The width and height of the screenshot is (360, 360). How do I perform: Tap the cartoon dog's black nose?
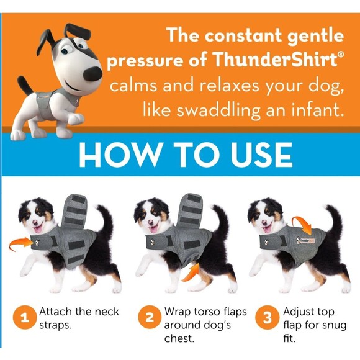click(x=92, y=74)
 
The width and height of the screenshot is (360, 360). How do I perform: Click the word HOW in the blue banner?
click(x=120, y=155)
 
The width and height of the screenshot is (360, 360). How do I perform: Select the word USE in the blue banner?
click(x=261, y=155)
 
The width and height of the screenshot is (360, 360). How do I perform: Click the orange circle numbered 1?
click(x=25, y=318)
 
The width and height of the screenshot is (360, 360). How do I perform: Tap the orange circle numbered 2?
click(x=150, y=317)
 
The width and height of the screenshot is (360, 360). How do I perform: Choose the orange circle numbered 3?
click(x=267, y=318)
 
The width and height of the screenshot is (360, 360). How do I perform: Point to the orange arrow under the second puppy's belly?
click(x=191, y=272)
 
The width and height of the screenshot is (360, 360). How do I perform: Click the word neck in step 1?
click(x=107, y=312)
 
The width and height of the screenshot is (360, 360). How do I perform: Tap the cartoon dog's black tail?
click(x=25, y=86)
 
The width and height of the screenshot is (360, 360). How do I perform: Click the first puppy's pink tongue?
click(x=38, y=229)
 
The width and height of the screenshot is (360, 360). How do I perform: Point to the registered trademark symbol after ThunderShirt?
click(x=341, y=55)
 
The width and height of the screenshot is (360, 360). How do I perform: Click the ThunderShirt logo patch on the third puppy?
click(x=305, y=241)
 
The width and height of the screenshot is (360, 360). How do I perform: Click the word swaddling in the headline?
click(x=218, y=110)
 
